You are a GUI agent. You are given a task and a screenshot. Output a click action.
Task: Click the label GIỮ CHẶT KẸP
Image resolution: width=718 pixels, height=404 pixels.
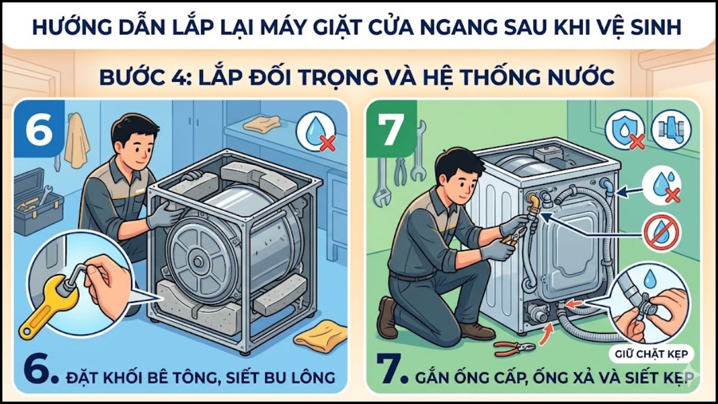point(649,353)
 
